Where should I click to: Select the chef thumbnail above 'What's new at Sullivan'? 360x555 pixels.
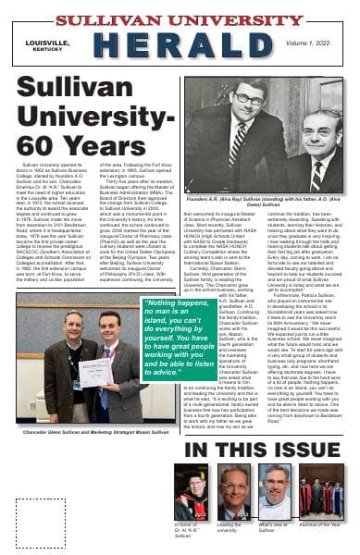[275, 492]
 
